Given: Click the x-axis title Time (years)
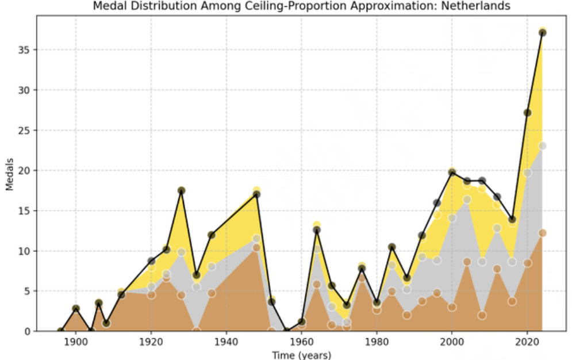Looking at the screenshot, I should (301, 355).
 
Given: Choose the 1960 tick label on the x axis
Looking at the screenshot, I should (301, 342).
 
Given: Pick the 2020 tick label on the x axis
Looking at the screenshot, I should (527, 342).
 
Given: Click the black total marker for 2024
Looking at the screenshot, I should (542, 33).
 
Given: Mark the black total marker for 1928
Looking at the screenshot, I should (181, 190).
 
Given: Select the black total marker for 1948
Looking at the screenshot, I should (256, 194).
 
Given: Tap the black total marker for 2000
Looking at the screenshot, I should (452, 173).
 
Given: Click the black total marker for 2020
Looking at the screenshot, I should (527, 113).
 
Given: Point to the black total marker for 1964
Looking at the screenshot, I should (316, 230).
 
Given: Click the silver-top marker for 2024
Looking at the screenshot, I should (542, 145).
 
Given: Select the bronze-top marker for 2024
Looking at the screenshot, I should (542, 233).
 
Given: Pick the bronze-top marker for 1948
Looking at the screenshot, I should (256, 247).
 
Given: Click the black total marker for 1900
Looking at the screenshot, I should (75, 309).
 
